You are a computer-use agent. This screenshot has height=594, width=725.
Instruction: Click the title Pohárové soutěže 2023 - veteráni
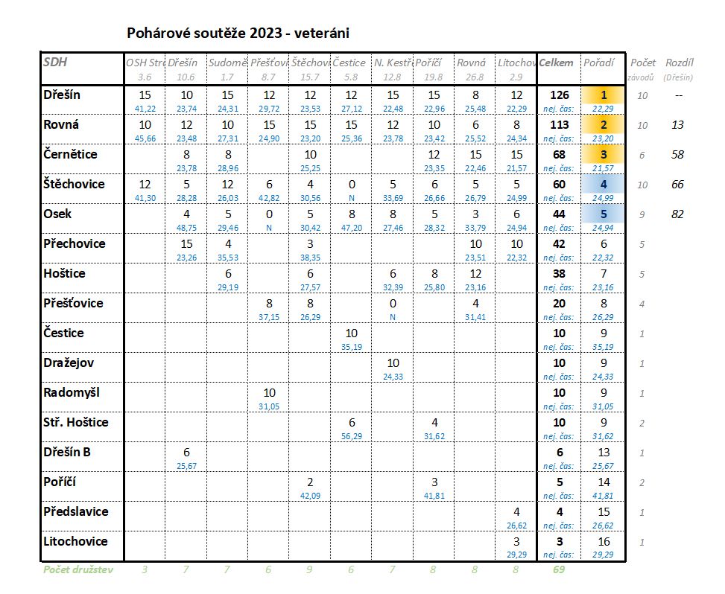pos(238,33)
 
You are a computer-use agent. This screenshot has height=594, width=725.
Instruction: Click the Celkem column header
pos(557,63)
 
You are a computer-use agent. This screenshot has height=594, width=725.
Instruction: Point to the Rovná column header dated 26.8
pos(471,63)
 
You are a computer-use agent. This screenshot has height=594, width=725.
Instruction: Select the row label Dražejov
pos(69,363)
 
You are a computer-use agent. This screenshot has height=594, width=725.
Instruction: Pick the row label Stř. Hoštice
pos(76,422)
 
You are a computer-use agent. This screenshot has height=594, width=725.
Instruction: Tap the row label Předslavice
pos(76,511)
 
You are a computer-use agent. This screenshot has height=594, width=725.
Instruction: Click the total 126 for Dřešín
pos(559,95)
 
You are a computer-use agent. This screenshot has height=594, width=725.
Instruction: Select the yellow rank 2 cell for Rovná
pos(604,125)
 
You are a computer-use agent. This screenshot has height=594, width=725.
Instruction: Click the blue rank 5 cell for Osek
pos(604,214)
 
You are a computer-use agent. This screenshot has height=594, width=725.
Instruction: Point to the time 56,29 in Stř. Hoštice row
pos(352,435)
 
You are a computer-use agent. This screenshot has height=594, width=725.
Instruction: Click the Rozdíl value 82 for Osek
pos(677,214)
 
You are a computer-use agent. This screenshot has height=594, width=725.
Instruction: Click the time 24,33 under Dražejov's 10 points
pos(393,376)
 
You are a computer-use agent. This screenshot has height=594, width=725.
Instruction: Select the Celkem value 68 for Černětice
pos(559,155)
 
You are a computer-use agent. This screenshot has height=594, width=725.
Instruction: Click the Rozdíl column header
pos(679,63)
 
